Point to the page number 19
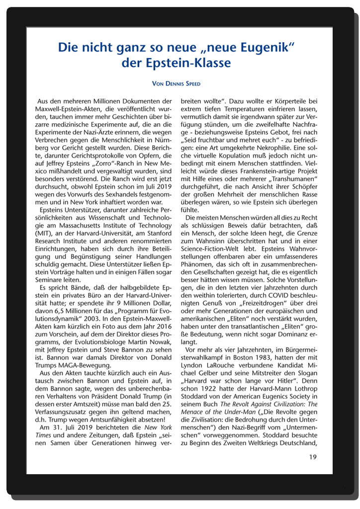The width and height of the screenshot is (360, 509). [x=312, y=457]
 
